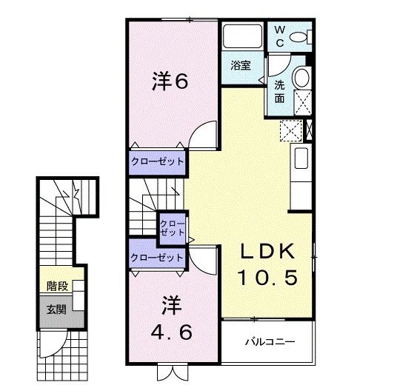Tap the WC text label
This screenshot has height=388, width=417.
(x=280, y=36)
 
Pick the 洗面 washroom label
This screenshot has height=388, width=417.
(x=279, y=90)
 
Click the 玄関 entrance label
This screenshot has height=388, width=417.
(x=56, y=309)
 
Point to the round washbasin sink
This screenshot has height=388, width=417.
(x=301, y=78)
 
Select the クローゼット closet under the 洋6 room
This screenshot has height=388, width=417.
(x=157, y=161)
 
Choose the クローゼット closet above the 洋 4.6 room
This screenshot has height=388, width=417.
(x=156, y=257)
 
